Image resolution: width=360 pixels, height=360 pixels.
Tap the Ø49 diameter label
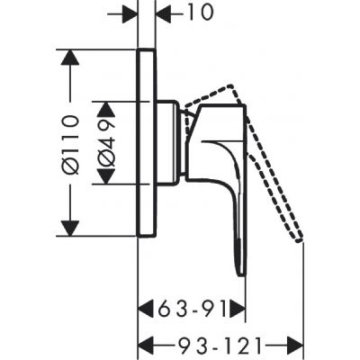coord(106,142)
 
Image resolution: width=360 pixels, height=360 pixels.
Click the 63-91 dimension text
coord(192,310)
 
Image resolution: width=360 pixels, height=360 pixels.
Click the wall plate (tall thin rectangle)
coord(147,144)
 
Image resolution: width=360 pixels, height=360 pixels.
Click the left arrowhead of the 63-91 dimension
coord(144,310)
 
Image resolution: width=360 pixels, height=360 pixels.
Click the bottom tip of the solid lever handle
coord(239,272)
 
